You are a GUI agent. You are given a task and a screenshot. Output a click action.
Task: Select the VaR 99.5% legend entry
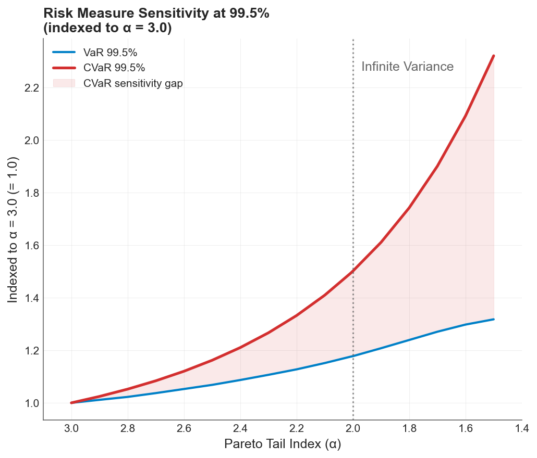114,52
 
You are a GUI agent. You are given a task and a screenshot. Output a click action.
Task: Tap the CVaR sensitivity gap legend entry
133,83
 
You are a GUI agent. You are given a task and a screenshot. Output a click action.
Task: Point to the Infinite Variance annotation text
407,67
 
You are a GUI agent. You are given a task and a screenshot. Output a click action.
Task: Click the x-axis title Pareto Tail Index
283,444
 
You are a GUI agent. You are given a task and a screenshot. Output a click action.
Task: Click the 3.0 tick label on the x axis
71,428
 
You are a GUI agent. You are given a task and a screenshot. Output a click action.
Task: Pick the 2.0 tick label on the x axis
353,428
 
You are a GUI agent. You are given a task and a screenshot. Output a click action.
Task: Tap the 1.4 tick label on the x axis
522,428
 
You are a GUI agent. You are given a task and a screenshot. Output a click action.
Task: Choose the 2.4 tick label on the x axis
240,428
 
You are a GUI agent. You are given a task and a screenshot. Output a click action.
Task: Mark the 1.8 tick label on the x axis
409,428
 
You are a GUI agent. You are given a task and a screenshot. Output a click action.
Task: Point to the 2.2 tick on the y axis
32,88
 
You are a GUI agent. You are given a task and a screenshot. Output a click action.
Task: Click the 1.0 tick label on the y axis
32,403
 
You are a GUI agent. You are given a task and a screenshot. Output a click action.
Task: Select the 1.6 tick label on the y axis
32,246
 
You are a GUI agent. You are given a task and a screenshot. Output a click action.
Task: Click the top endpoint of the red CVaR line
493,56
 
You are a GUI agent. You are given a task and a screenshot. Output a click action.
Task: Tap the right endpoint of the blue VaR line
493,319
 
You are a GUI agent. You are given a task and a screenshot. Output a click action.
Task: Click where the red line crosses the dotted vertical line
353,271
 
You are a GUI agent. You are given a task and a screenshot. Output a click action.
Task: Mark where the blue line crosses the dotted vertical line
353,356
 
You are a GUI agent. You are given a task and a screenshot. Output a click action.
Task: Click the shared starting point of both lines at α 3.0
71,403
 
